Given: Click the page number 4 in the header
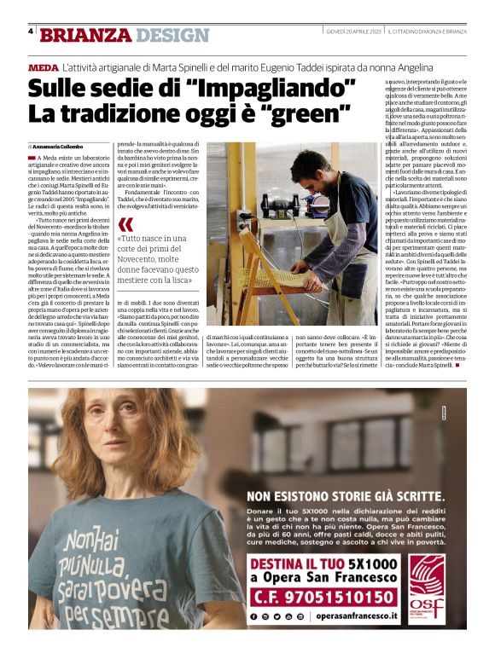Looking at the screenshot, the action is click(x=31, y=32).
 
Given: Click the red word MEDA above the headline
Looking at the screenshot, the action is click(x=43, y=66).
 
